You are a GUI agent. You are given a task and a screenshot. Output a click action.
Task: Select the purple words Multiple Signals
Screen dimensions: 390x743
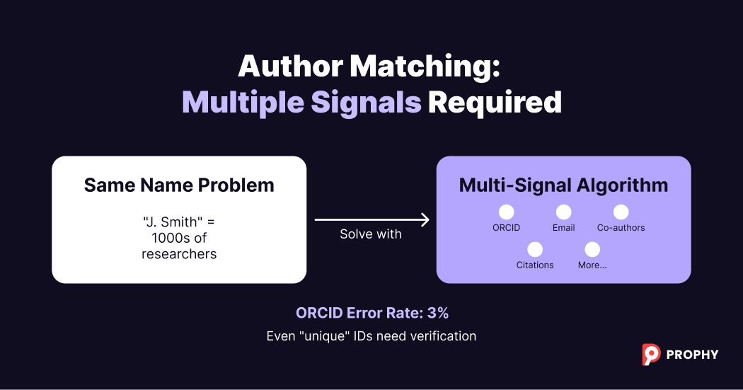(301, 103)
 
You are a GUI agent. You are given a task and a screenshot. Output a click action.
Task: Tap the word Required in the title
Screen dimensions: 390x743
(495, 103)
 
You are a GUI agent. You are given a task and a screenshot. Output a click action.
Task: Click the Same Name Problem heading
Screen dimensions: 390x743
(179, 185)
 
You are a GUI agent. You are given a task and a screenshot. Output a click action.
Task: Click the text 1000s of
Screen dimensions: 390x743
(179, 238)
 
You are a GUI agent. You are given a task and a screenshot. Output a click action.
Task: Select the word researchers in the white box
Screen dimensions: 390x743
(179, 253)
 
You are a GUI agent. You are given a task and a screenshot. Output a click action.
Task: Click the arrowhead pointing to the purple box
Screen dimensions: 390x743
(425, 220)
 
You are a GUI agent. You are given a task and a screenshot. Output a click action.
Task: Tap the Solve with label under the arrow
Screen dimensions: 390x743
(370, 234)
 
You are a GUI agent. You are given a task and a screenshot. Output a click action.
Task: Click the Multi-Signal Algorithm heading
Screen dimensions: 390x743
(563, 185)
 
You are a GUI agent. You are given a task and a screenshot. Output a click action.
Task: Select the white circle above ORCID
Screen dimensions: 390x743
(506, 212)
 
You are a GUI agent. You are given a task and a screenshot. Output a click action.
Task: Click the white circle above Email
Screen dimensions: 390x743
(563, 212)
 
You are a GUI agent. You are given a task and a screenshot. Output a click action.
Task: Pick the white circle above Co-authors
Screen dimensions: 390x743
(621, 212)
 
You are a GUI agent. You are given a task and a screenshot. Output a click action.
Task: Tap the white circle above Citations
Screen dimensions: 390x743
(535, 249)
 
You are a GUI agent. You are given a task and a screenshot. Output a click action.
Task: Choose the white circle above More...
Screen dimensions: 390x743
(592, 249)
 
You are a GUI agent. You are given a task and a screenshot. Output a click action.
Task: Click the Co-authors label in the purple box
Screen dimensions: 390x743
(621, 228)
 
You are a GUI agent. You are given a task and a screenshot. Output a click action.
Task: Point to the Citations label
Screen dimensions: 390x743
(535, 265)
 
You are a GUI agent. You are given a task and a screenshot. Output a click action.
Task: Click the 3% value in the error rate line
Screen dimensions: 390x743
(438, 313)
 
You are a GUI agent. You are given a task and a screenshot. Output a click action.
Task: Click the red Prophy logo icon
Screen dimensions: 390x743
(651, 354)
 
